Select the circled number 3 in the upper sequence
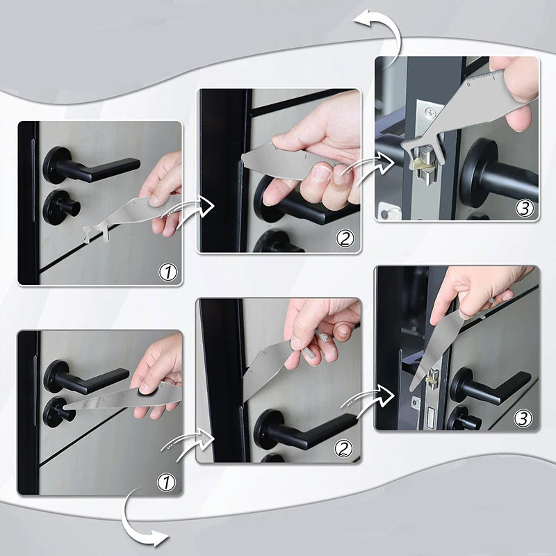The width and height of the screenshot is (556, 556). pyautogui.click(x=525, y=207)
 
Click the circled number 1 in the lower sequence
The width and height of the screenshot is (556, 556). pyautogui.click(x=168, y=481)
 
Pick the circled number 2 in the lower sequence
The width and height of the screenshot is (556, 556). pyautogui.click(x=345, y=448)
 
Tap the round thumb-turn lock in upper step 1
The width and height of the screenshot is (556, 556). pyautogui.click(x=61, y=207)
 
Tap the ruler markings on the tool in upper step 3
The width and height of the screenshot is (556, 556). pyautogui.click(x=486, y=78)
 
